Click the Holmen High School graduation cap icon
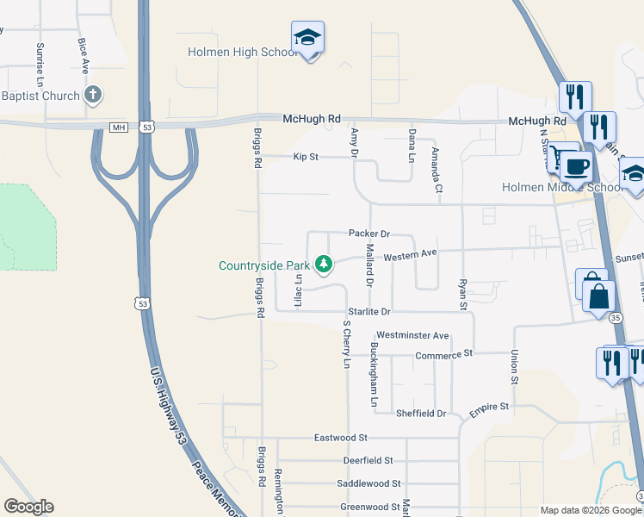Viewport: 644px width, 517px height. [307, 38]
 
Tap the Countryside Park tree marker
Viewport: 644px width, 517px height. [324, 264]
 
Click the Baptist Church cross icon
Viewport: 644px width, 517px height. [94, 96]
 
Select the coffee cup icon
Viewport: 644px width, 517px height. [576, 165]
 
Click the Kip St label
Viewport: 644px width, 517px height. [306, 158]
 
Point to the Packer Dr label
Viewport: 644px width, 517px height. [369, 234]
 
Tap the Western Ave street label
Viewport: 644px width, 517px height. [411, 255]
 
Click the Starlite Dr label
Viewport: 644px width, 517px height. [369, 311]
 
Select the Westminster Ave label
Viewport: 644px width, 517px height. [413, 335]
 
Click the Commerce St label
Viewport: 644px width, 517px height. [444, 354]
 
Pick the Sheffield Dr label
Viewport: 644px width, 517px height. [421, 414]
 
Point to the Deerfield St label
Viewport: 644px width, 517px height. [367, 461]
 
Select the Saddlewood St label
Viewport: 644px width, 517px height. [371, 484]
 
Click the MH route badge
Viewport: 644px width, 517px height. [118, 128]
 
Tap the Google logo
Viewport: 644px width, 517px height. [28, 507]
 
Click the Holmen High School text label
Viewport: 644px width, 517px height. [243, 53]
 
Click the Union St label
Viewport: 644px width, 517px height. [515, 367]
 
